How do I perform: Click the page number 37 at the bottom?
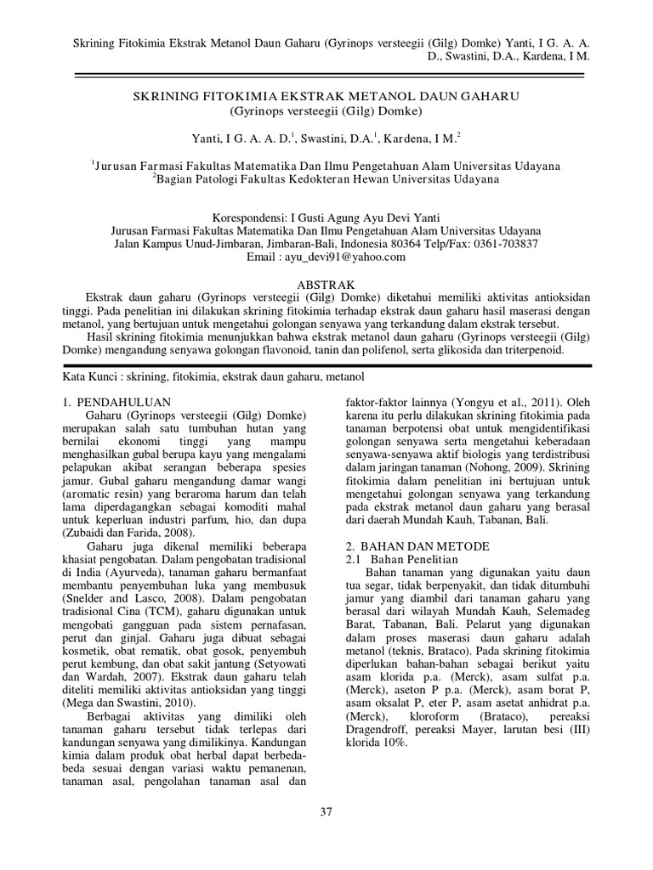pyautogui.click(x=326, y=811)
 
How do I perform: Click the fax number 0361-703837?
pyautogui.click(x=503, y=244)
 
